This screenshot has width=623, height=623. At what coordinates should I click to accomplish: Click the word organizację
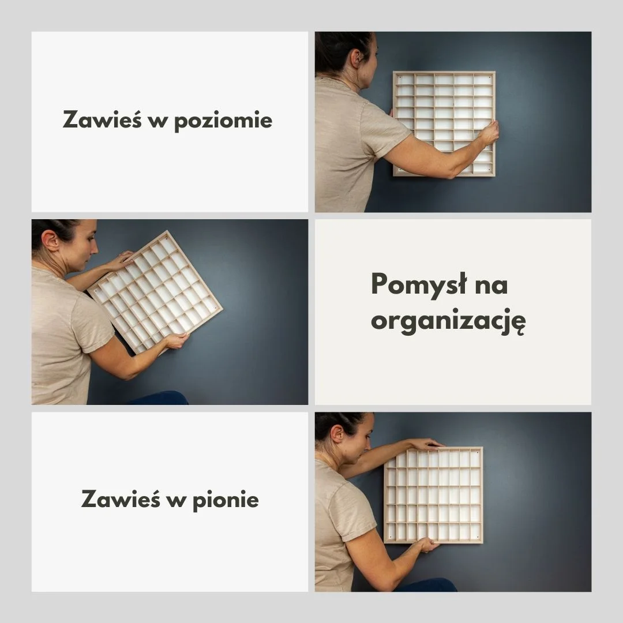pos(448,321)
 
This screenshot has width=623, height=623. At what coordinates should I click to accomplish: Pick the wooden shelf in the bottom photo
pos(434,495)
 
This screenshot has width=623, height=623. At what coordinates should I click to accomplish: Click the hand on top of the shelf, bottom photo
pos(425,444)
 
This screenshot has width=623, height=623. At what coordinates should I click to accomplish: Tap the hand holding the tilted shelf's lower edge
pos(175,341)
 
